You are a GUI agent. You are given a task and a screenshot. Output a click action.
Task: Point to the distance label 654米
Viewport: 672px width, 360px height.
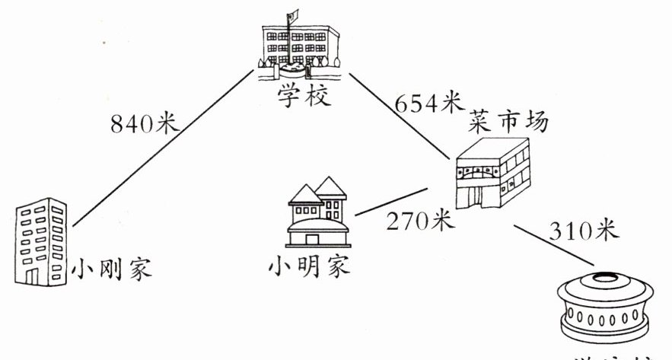pos(431,101)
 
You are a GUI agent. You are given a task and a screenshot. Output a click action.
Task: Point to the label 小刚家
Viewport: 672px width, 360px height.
pos(112,269)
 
